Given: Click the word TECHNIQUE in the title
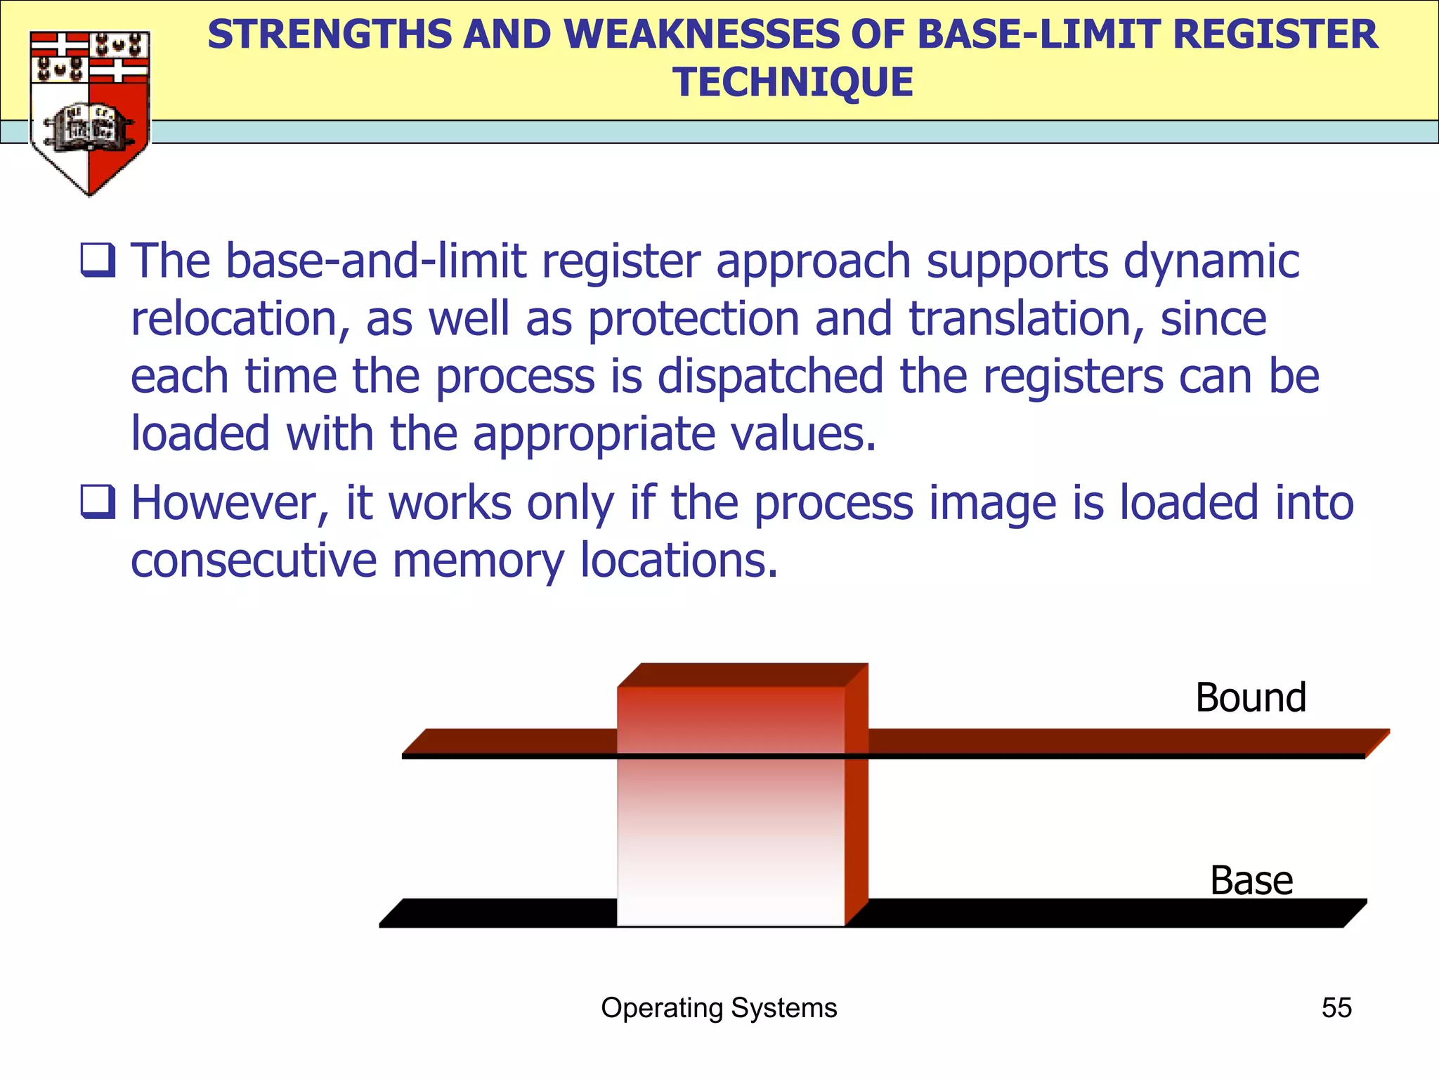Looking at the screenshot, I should (793, 82).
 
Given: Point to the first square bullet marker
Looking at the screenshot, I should (98, 260).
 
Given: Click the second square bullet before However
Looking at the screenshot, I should (98, 502).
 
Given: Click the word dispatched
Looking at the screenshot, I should (770, 377).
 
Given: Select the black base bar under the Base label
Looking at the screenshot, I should (1124, 913).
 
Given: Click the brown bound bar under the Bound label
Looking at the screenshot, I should (1124, 742).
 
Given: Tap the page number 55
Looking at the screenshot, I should (1336, 1007).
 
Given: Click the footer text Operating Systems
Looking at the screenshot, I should (719, 1007).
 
